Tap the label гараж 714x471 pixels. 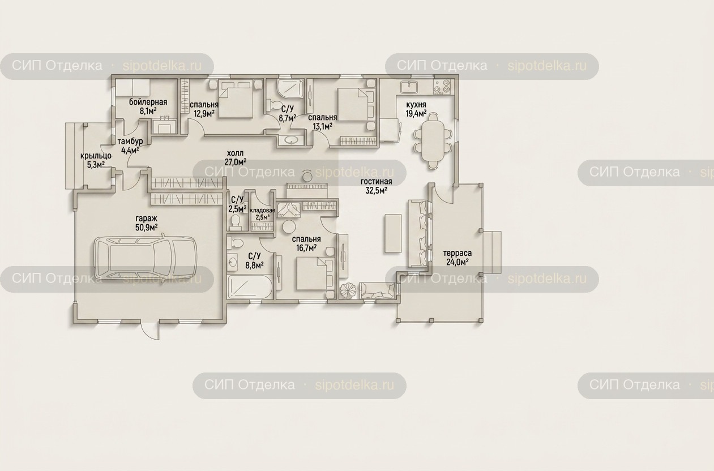click(x=147, y=219)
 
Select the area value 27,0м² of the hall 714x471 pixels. click(x=235, y=162)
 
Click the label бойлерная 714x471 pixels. click(x=148, y=102)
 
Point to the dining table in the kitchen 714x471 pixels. click(x=433, y=142)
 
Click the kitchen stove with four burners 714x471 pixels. click(x=443, y=87)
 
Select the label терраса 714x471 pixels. click(x=458, y=254)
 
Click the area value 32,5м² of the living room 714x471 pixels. click(x=376, y=191)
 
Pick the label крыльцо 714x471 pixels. click(x=96, y=156)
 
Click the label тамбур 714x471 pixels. click(x=130, y=141)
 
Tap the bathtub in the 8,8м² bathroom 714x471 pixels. click(x=250, y=288)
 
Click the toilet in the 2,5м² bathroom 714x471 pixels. click(x=236, y=222)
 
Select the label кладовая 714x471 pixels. click(x=263, y=211)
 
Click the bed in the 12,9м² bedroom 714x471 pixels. click(x=236, y=99)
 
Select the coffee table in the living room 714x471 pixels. click(x=393, y=234)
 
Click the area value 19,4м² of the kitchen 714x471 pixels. click(x=416, y=113)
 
